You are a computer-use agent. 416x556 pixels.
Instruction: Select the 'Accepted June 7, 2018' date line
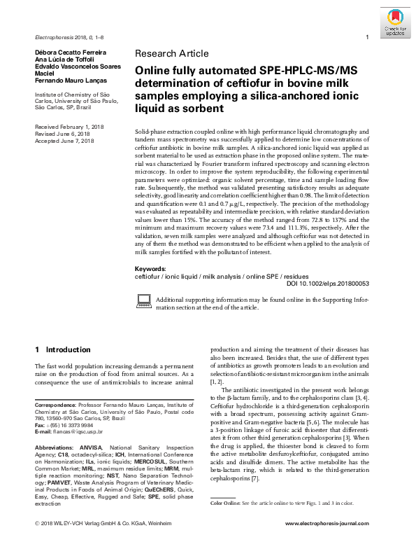[64, 141]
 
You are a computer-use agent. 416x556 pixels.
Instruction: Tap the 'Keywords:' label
[150, 269]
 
